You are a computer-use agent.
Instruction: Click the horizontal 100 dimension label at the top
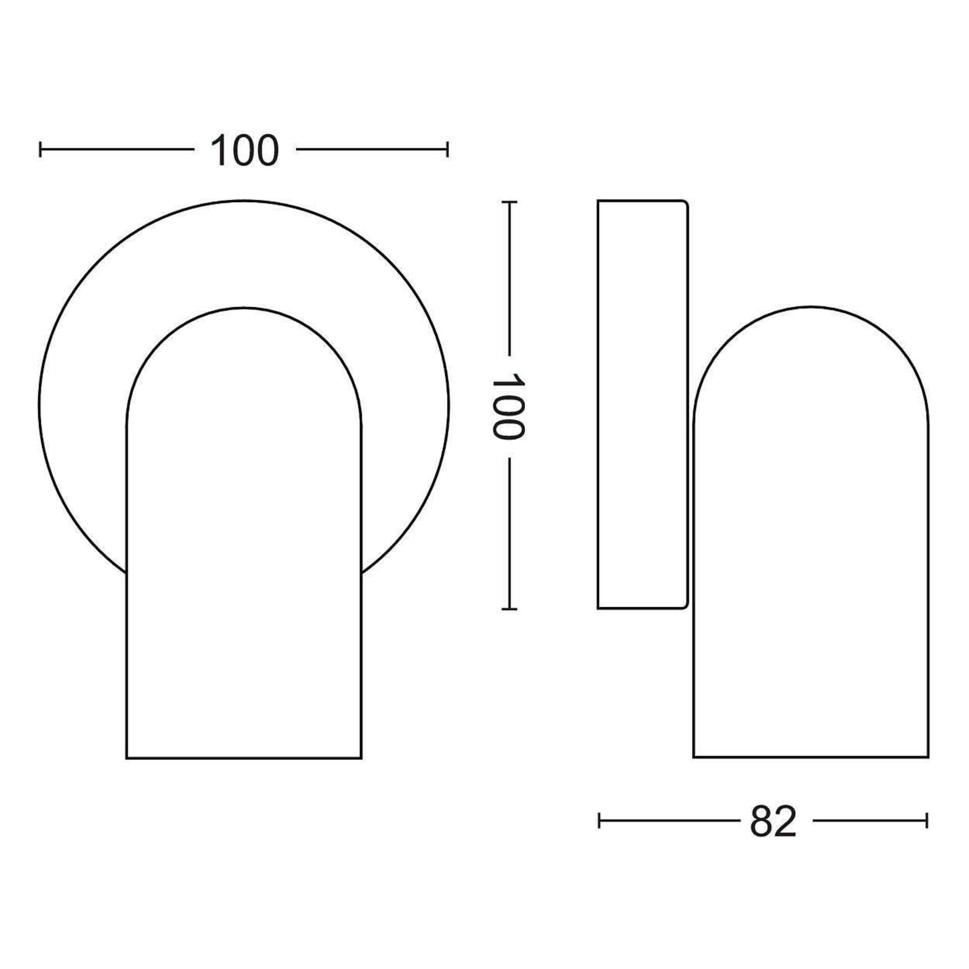244,151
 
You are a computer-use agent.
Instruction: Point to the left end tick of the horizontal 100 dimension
40,149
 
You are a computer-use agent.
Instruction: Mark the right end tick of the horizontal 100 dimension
447,149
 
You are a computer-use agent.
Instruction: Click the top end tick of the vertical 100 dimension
509,202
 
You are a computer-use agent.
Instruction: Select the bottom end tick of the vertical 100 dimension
509,609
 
